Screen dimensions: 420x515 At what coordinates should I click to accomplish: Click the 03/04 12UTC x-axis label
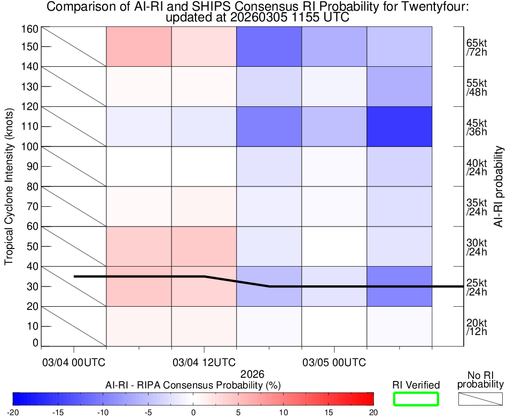point(205,362)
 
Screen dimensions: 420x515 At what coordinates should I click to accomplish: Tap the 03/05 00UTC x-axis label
point(334,362)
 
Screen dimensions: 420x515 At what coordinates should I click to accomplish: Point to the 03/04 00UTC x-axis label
point(74,362)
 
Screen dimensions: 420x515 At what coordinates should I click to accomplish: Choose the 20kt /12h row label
point(475,327)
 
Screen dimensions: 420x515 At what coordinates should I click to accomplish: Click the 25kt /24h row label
point(475,287)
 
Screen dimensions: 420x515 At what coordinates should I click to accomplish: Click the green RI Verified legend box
point(416,399)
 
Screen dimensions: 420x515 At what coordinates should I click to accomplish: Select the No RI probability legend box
point(480,399)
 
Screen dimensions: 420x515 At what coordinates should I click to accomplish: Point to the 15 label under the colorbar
point(329,412)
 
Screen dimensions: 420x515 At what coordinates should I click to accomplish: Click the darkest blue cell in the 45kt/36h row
point(399,127)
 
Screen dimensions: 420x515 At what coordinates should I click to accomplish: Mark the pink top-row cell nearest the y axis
point(139,46)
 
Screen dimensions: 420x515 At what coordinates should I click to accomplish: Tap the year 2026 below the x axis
point(253,375)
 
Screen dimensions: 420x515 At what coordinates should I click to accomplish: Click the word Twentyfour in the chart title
point(428,7)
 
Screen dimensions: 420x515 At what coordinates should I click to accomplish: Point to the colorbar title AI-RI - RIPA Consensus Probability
point(193,385)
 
